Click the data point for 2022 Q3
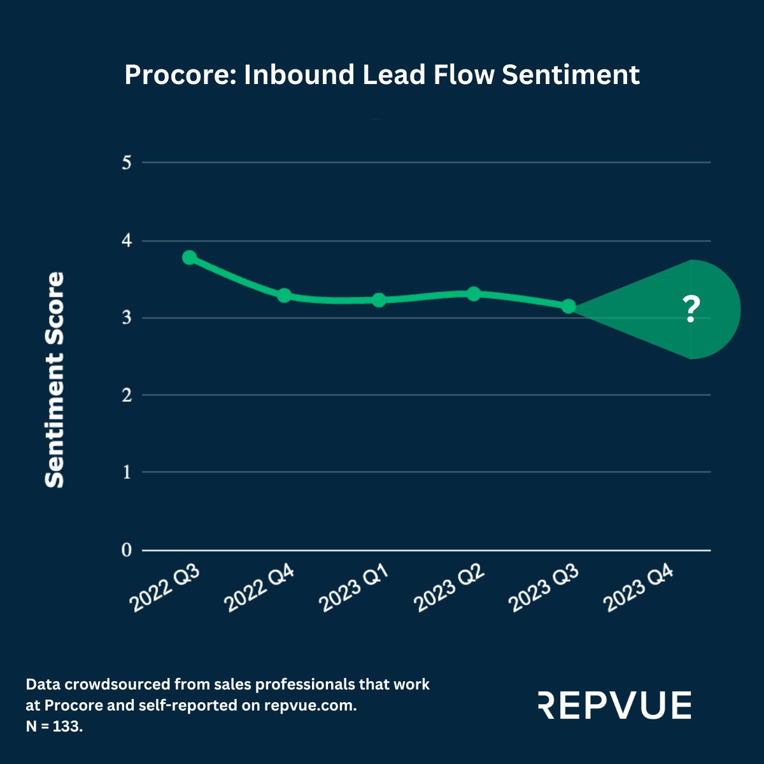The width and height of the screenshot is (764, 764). [x=189, y=257]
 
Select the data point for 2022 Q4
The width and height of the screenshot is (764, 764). [x=284, y=295]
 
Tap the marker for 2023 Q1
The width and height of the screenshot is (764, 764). [x=379, y=300]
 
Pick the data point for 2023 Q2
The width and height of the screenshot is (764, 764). [x=474, y=294]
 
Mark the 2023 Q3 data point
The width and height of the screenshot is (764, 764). [x=569, y=306]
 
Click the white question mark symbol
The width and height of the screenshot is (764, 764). [x=691, y=310]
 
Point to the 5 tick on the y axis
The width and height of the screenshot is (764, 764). [x=126, y=163]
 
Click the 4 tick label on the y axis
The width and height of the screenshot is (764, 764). [x=126, y=241]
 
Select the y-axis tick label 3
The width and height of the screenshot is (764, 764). [x=126, y=318]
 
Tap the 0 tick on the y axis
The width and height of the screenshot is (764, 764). [x=126, y=550]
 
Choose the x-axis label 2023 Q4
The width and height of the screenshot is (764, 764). [x=639, y=590]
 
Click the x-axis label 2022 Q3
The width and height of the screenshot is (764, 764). [x=165, y=590]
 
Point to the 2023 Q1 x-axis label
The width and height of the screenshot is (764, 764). [x=354, y=590]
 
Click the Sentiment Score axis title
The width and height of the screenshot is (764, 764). [x=55, y=380]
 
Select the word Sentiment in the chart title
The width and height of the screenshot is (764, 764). [x=570, y=75]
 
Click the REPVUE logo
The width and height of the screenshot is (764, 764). [x=614, y=705]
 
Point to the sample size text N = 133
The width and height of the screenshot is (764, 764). [x=54, y=726]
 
